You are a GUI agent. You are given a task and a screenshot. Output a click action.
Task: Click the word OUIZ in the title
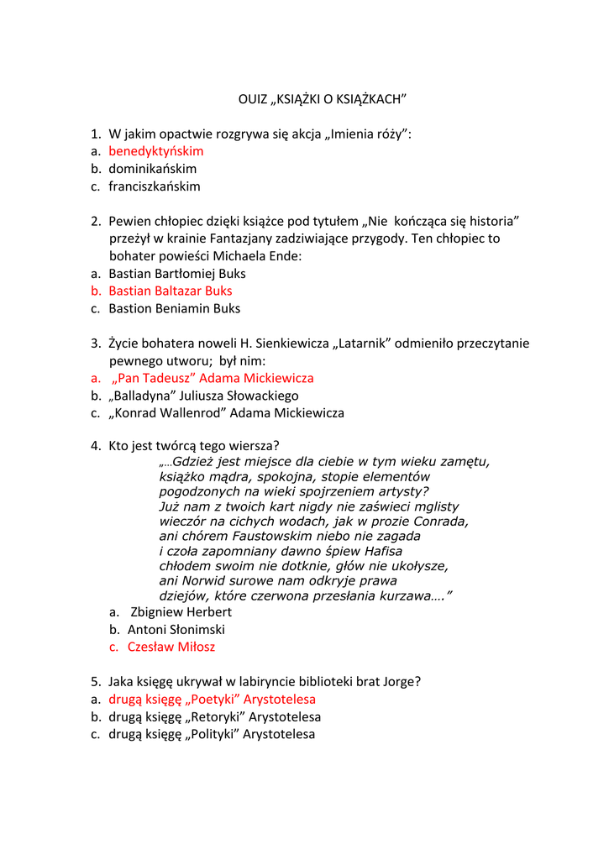click(x=253, y=99)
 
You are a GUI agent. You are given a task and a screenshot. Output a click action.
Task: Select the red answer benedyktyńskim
click(x=156, y=151)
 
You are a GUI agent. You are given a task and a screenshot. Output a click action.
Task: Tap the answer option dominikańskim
click(x=152, y=169)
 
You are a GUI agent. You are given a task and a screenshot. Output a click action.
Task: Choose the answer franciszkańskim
click(x=155, y=186)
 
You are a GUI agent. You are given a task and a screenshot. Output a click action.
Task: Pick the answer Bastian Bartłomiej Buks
click(x=177, y=274)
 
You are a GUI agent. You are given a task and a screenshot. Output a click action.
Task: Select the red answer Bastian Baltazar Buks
click(x=171, y=291)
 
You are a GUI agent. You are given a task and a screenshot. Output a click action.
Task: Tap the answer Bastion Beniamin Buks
click(x=174, y=308)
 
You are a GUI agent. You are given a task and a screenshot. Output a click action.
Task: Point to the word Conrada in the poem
click(x=439, y=522)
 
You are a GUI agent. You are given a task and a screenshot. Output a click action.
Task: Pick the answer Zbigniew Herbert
click(x=181, y=612)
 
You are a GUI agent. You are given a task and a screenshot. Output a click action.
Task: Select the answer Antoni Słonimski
click(x=176, y=630)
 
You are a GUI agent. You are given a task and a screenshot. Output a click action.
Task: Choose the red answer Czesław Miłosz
click(x=171, y=647)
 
